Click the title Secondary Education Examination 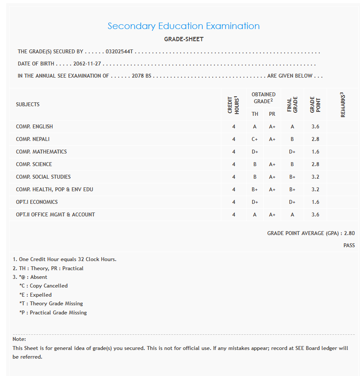[x=184, y=26]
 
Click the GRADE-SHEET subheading [x=184, y=39]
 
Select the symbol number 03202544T [x=120, y=52]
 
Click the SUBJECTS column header [x=28, y=105]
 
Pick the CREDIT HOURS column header [x=234, y=105]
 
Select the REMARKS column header [x=343, y=105]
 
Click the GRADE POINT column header [x=315, y=105]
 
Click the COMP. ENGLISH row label [x=34, y=127]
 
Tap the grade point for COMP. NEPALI [x=315, y=139]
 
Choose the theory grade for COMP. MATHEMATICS [x=255, y=152]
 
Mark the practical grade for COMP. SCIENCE [x=272, y=164]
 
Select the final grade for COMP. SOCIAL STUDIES [x=292, y=177]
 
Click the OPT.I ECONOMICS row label [x=37, y=202]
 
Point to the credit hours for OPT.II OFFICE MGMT [x=234, y=215]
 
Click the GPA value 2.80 [x=349, y=233]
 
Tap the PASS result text [x=349, y=245]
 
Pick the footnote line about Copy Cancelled [x=43, y=286]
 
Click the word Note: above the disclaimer [x=19, y=339]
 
